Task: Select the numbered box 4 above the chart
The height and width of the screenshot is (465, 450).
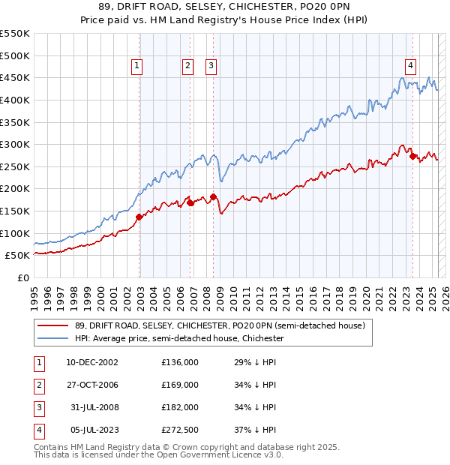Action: [411, 65]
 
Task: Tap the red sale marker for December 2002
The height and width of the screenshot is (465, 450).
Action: [139, 217]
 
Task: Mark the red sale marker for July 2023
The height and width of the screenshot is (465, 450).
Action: [413, 157]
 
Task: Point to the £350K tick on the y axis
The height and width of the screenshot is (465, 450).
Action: [15, 122]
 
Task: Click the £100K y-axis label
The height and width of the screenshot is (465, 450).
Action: [15, 233]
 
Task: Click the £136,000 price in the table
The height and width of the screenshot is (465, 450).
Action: [180, 362]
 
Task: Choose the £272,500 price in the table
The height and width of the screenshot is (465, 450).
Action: [180, 430]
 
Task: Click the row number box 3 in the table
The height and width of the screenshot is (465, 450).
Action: [37, 407]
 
